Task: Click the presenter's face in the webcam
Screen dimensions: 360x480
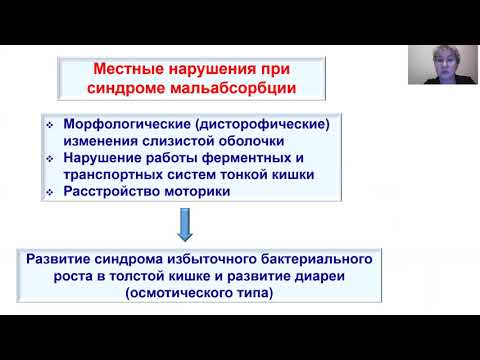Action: click(439, 62)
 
